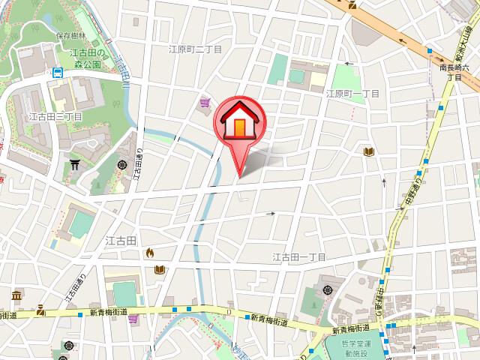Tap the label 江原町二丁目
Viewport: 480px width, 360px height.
click(x=196, y=49)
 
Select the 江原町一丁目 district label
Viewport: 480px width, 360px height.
click(x=352, y=94)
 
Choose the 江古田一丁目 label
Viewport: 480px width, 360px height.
click(x=298, y=256)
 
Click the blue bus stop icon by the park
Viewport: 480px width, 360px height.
click(x=57, y=73)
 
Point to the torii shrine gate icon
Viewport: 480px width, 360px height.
click(x=74, y=163)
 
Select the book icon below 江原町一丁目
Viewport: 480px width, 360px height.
click(x=367, y=152)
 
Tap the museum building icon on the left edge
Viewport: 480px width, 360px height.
click(x=16, y=295)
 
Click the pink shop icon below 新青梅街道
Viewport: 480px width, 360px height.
click(x=133, y=319)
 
